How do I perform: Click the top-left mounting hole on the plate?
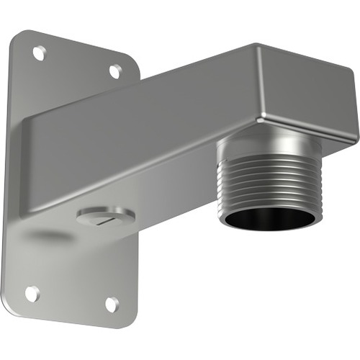(39, 52)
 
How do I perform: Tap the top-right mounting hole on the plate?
(114, 71)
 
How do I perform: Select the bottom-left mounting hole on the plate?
(32, 292)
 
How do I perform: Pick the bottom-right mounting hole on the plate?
(112, 304)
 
